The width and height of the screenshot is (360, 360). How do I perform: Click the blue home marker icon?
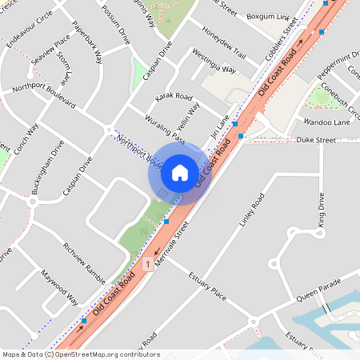coord(180,172)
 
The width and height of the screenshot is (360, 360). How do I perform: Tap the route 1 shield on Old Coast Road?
coord(148,263)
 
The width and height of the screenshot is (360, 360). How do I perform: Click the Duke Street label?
coord(317,140)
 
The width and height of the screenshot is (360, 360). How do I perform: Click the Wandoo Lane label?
coord(326,122)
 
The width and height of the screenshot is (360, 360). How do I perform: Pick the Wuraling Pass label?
coord(164,129)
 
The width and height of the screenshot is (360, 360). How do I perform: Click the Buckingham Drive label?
coord(47,168)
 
